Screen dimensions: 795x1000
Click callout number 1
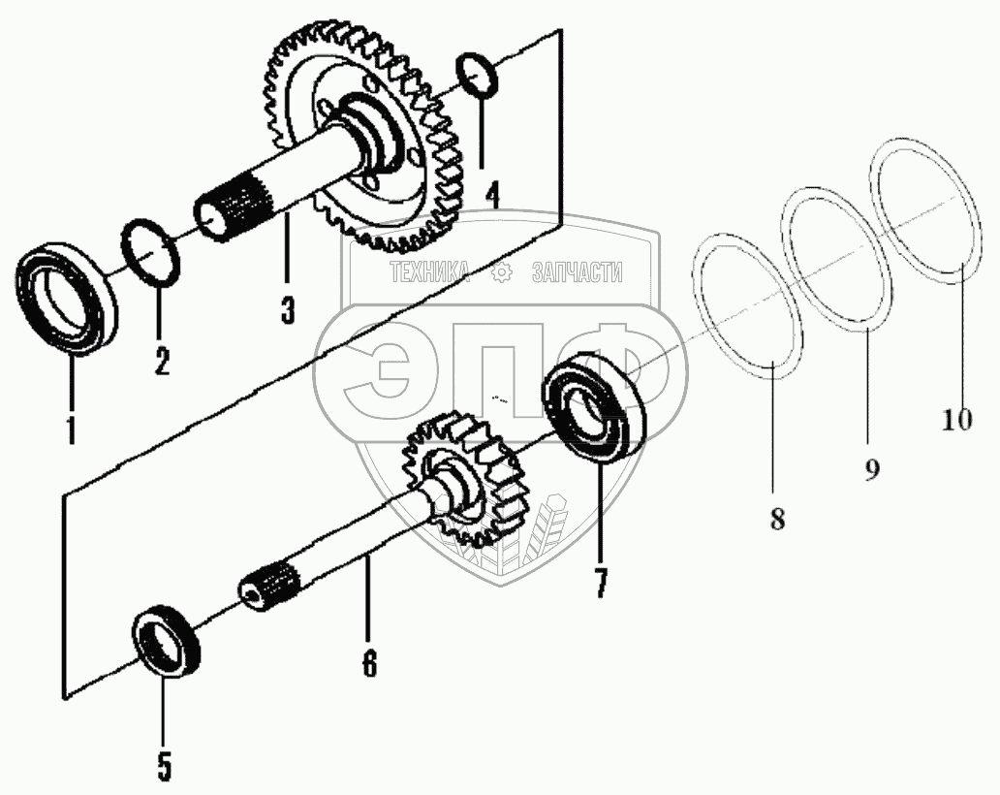[71, 426]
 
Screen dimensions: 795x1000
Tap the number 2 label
[161, 360]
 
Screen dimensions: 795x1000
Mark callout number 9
[871, 469]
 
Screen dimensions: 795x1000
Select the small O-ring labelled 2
[152, 255]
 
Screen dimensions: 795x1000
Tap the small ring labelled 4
[479, 76]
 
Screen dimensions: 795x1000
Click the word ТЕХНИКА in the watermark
[429, 273]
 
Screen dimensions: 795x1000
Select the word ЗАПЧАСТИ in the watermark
[578, 273]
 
